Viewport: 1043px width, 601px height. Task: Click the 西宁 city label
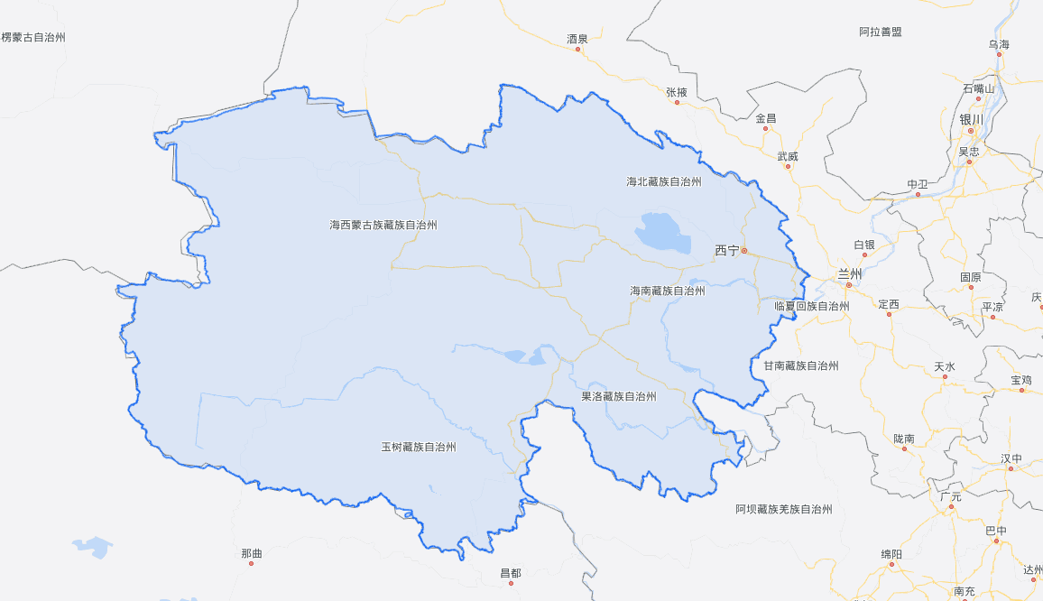click(727, 250)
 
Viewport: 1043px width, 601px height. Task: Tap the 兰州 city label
click(850, 273)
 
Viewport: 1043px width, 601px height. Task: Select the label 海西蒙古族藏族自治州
click(383, 225)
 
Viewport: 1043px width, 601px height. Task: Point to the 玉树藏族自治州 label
click(418, 447)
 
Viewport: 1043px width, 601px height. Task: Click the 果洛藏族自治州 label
click(618, 396)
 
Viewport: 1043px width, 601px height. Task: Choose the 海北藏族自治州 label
click(664, 181)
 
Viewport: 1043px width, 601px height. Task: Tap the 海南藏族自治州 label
click(668, 291)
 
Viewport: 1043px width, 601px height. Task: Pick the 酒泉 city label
click(577, 39)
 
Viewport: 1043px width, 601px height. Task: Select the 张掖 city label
click(677, 92)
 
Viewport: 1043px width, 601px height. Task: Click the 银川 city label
click(971, 119)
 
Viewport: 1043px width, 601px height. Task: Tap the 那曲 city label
click(252, 552)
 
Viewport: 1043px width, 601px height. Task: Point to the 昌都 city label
click(511, 573)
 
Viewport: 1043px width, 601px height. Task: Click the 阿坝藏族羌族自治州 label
click(783, 509)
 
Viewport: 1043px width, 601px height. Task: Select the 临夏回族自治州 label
click(812, 306)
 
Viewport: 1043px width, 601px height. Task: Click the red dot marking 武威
click(789, 166)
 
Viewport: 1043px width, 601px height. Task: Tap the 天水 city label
click(945, 366)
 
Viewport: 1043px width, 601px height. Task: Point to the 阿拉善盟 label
click(880, 32)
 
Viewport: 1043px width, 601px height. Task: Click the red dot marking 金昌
click(765, 128)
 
